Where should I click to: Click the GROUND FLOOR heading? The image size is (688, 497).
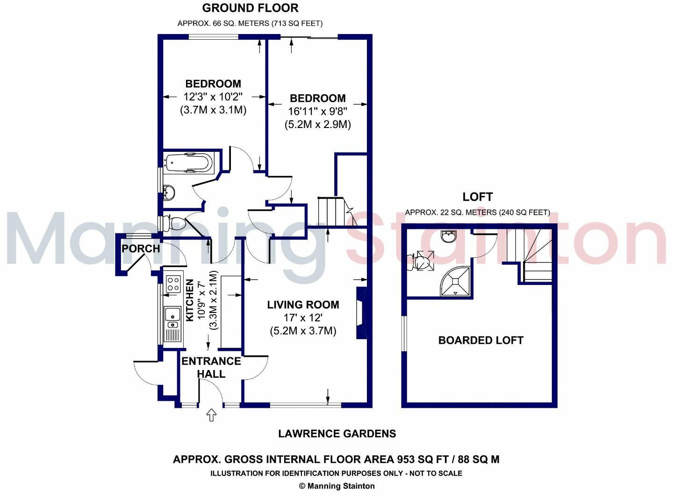[250, 8]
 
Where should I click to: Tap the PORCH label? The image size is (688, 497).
[141, 248]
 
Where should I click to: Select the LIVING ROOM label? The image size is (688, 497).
[303, 305]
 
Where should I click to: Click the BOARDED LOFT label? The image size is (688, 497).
[480, 340]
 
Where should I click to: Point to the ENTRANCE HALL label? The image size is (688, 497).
[211, 367]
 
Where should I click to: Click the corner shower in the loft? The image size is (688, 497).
[456, 281]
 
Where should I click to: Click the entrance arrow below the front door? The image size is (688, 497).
[211, 414]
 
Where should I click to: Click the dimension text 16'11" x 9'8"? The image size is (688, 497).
[317, 112]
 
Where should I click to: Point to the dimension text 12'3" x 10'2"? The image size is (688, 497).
[213, 97]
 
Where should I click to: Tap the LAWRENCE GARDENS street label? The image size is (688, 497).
[337, 433]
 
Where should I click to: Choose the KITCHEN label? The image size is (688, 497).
[190, 300]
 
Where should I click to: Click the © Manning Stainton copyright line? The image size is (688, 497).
[337, 486]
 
